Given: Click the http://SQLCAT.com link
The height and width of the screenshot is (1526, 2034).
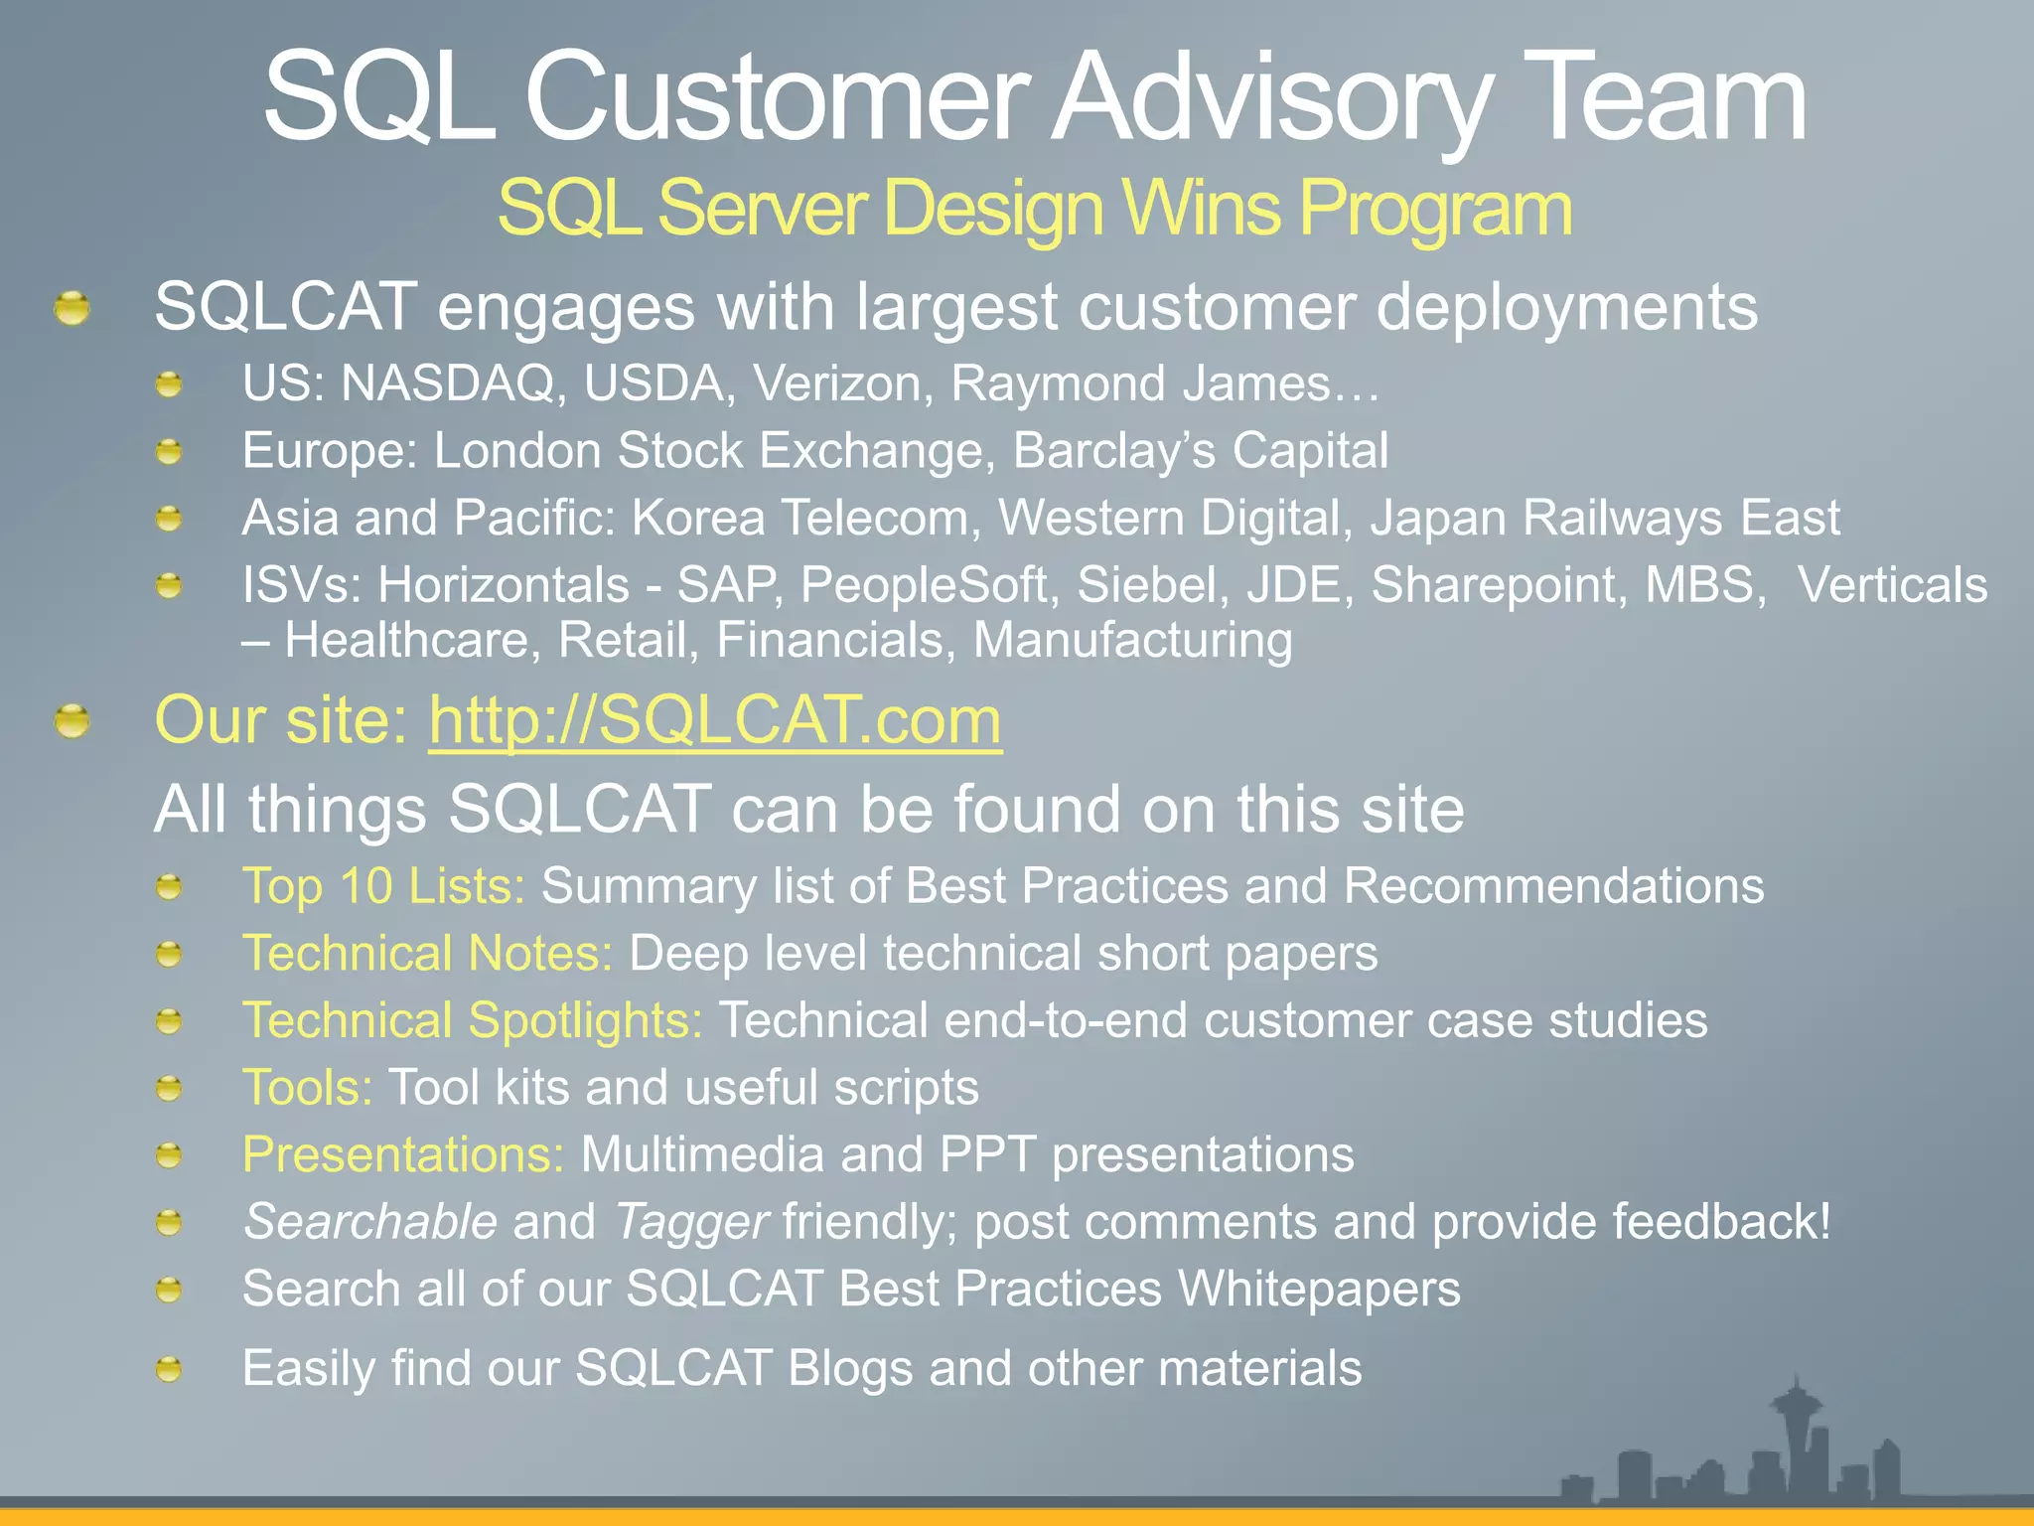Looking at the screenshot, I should click(715, 720).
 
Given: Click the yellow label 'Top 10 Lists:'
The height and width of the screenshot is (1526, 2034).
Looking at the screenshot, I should click(383, 886).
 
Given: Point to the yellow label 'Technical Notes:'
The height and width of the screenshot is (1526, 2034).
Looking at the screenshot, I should click(427, 954).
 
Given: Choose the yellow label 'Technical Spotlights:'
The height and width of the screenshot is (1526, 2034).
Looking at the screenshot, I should click(473, 1021).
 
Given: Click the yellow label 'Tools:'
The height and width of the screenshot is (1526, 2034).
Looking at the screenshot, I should click(308, 1088).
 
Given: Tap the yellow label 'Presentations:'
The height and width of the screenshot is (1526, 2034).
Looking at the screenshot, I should click(403, 1155).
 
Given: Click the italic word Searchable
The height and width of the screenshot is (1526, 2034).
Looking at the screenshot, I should click(370, 1222).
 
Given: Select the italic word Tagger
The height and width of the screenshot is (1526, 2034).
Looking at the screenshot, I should click(691, 1222).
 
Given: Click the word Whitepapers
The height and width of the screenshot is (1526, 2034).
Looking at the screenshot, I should click(1319, 1290).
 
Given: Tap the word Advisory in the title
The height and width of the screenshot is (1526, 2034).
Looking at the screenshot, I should click(1269, 99).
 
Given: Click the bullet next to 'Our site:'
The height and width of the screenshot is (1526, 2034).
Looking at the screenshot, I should click(73, 721).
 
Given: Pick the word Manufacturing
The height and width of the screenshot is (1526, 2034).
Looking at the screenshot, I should click(1132, 641).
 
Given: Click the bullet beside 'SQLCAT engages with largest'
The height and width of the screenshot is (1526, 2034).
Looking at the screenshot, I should click(73, 308).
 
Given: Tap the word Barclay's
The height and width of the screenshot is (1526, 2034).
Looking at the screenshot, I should click(1113, 452).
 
